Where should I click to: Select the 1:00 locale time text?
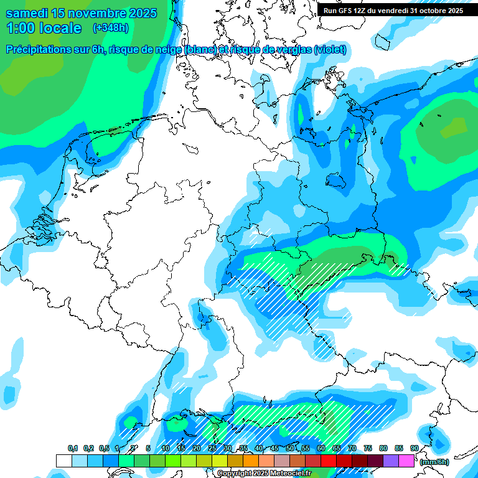pos(44,28)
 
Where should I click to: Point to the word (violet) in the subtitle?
pos(330,49)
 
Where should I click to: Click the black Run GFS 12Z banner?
pos(393,11)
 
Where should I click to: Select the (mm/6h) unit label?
pos(434,462)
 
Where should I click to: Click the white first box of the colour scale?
pos(63,461)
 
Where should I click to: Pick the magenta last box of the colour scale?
pos(406,461)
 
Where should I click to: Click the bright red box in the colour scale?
pos(328,461)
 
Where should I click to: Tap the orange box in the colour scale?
pos(250,461)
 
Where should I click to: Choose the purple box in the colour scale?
pos(391,461)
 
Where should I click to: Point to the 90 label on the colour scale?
pos(414,448)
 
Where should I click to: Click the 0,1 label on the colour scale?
pos(73,448)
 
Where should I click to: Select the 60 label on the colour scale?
pos(321,448)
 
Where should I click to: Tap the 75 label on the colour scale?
pos(368,448)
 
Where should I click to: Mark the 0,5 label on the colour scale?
pos(104,448)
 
